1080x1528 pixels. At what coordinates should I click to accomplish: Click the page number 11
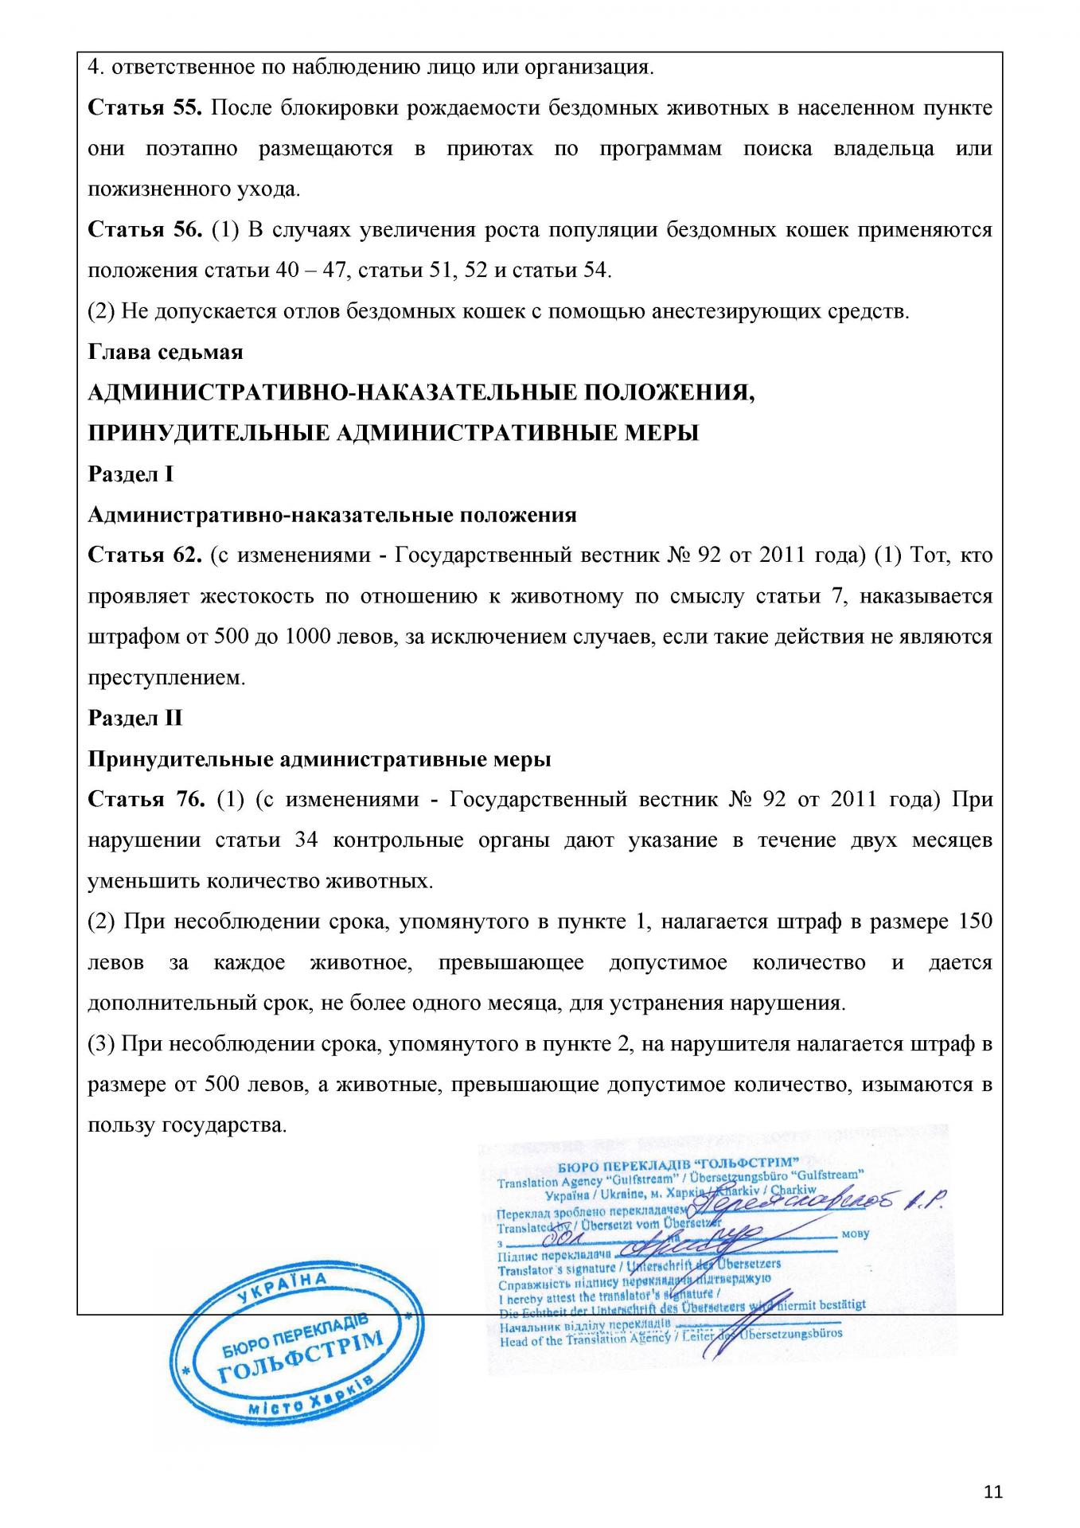click(x=992, y=1491)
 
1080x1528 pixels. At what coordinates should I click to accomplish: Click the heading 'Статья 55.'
click(x=146, y=108)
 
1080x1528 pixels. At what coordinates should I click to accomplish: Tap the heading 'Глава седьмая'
click(x=165, y=352)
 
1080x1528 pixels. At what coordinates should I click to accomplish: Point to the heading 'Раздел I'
click(x=131, y=474)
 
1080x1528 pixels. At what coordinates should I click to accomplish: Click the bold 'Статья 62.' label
click(x=144, y=555)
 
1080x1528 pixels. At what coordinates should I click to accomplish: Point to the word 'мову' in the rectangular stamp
click(x=853, y=1234)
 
